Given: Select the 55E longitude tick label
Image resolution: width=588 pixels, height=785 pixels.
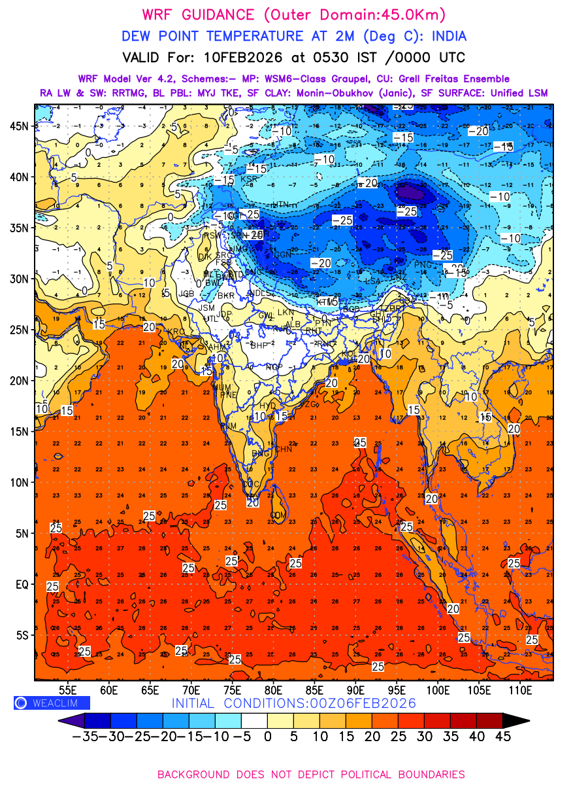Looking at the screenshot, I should [68, 689].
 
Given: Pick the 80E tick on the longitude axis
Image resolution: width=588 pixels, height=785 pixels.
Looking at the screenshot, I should [274, 689].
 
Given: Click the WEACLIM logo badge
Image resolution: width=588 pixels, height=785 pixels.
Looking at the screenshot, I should [52, 703].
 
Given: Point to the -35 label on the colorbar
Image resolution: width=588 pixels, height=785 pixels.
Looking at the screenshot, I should [85, 736].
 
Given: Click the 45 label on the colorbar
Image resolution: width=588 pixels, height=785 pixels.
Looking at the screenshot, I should [502, 736].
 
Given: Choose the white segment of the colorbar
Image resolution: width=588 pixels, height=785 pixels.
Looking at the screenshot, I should [254, 720].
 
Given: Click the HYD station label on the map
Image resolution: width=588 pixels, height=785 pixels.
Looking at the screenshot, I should [268, 406].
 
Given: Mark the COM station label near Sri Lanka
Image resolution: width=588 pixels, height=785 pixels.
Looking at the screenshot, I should [278, 515].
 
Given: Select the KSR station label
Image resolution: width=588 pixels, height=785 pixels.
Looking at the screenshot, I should [249, 179].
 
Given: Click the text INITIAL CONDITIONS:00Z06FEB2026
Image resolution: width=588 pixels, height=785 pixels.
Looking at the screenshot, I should [293, 703].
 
